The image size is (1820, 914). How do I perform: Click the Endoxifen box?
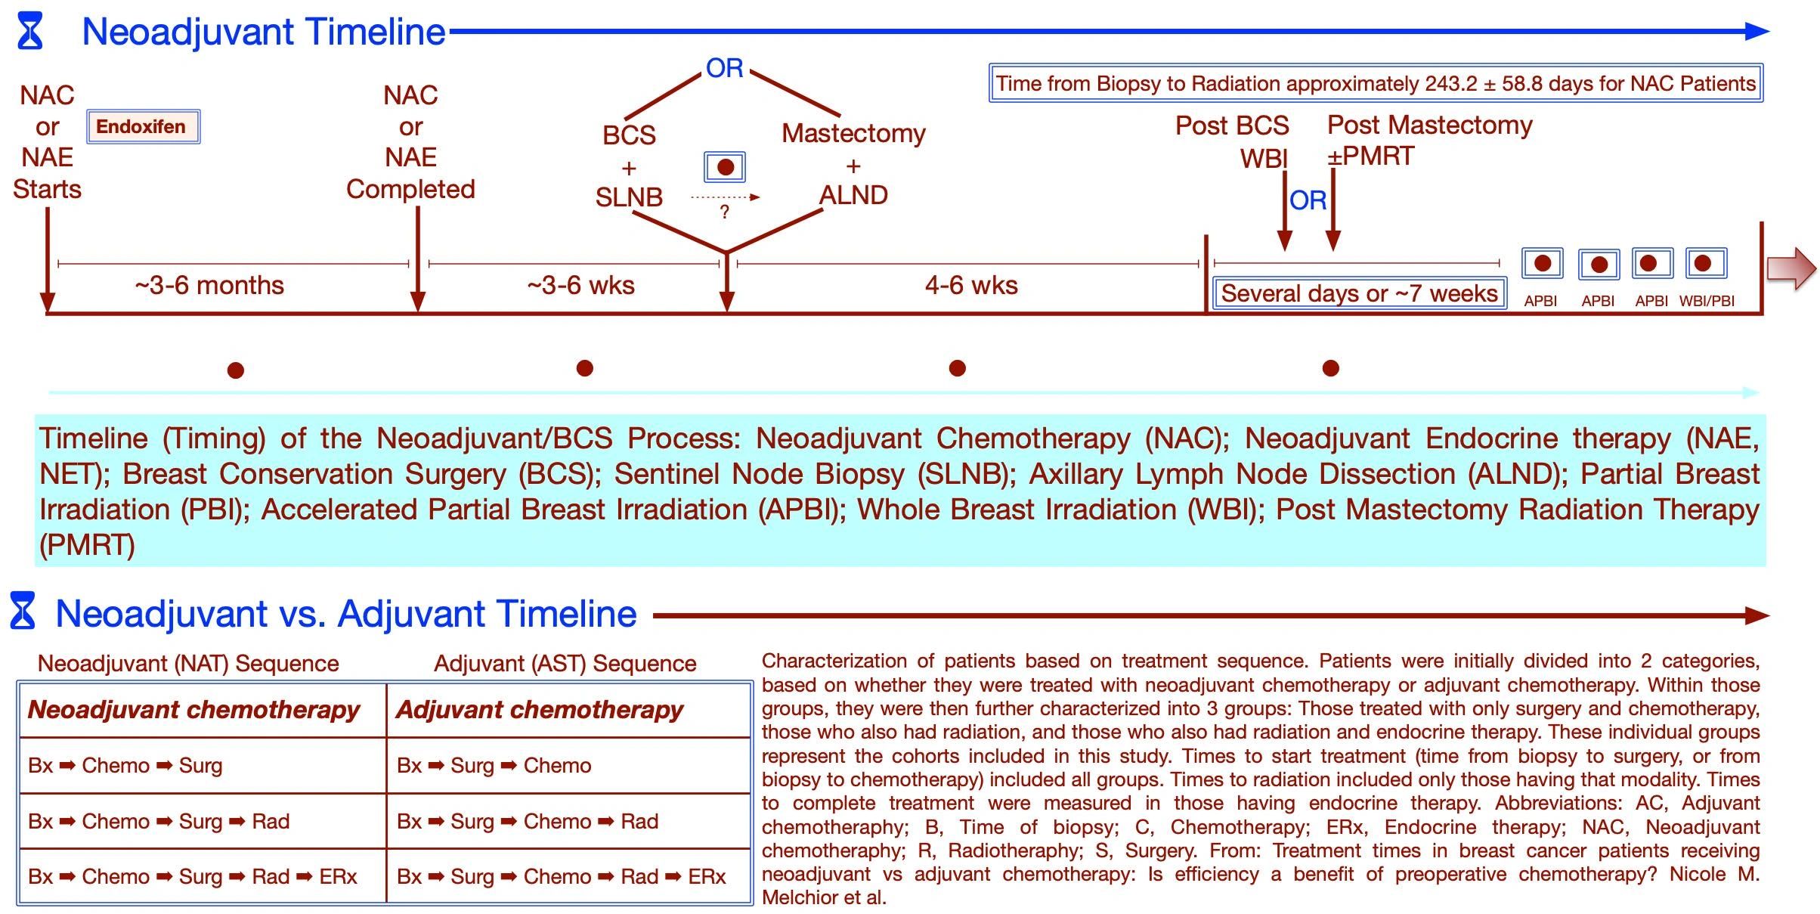tap(142, 127)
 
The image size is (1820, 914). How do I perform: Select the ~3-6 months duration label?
tap(209, 286)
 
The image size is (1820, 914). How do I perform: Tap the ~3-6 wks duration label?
tap(580, 286)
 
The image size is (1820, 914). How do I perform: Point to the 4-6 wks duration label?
tap(971, 286)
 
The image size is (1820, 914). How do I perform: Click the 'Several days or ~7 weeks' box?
tap(1359, 293)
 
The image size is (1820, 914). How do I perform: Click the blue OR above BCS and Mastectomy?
tap(724, 69)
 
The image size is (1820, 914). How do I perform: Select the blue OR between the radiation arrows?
tap(1308, 201)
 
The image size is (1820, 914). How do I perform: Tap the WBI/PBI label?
tap(1707, 301)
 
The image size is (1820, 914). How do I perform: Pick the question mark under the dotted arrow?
tap(725, 212)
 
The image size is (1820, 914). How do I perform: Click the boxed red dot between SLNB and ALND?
tap(725, 167)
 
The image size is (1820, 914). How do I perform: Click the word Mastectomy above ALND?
tap(853, 134)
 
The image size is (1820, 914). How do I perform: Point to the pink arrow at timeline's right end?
tap(1791, 269)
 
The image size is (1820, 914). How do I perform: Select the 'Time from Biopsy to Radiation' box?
tap(1376, 83)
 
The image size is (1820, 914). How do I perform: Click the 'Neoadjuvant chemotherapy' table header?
tap(194, 710)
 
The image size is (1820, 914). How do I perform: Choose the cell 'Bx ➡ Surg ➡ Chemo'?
tap(494, 766)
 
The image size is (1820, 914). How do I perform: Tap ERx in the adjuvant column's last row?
tap(707, 877)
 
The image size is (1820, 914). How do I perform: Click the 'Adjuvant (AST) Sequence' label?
tap(565, 664)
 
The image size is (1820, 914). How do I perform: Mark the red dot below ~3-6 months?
tap(236, 370)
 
